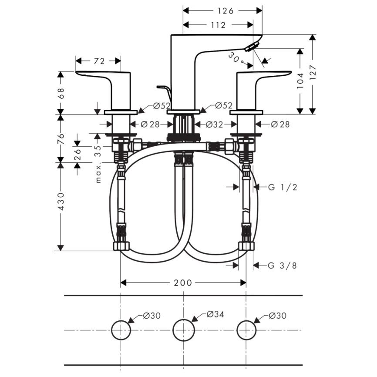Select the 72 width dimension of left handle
point(99,61)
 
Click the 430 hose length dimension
point(61,202)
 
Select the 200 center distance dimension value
point(183,283)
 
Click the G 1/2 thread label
point(283,187)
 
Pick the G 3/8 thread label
point(283,265)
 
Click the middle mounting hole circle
point(183,330)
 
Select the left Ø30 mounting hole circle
point(121,330)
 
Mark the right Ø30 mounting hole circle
point(246,330)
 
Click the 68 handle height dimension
point(61,93)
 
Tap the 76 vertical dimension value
point(61,138)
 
